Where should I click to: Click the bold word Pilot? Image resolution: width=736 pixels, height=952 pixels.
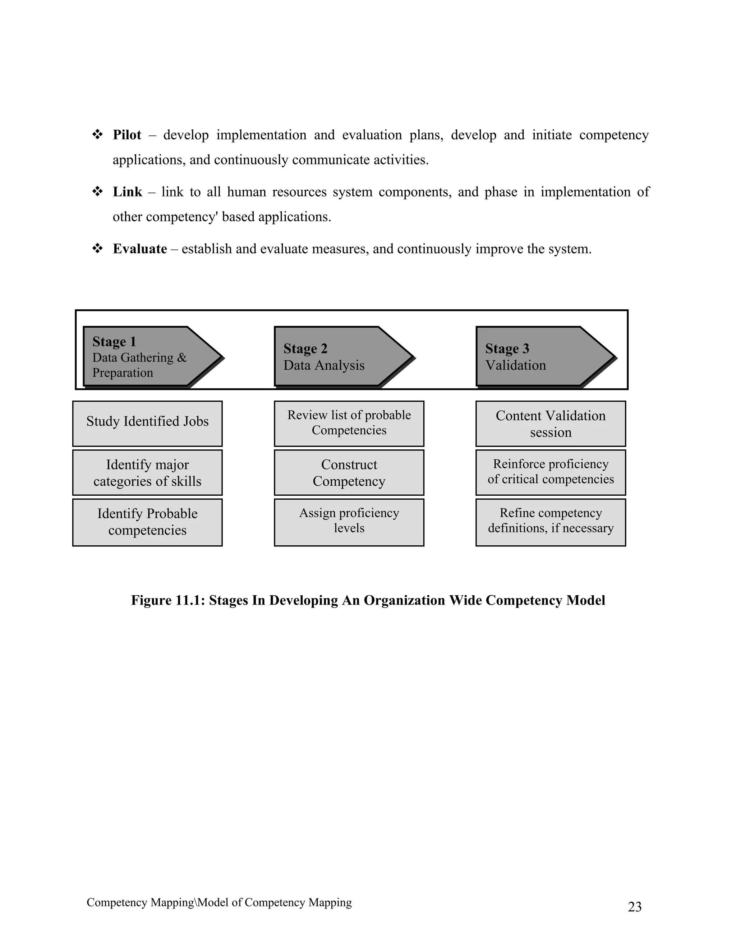127,135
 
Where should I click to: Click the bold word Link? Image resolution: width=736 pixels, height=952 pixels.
127,192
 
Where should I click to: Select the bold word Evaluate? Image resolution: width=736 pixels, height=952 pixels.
139,249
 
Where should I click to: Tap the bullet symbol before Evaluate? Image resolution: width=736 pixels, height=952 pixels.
97,249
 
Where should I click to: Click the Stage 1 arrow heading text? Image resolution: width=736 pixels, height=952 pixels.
114,341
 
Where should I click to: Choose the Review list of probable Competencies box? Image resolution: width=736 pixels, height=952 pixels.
349,423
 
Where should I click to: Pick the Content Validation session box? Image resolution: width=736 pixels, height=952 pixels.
551,423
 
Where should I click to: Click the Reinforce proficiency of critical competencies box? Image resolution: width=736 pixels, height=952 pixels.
551,472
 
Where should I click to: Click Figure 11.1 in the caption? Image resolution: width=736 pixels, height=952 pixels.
167,600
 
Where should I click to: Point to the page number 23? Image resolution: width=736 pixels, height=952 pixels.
634,907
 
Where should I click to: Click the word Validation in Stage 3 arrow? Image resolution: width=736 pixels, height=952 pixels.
515,365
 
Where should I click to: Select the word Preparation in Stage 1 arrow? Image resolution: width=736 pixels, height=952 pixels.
123,373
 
